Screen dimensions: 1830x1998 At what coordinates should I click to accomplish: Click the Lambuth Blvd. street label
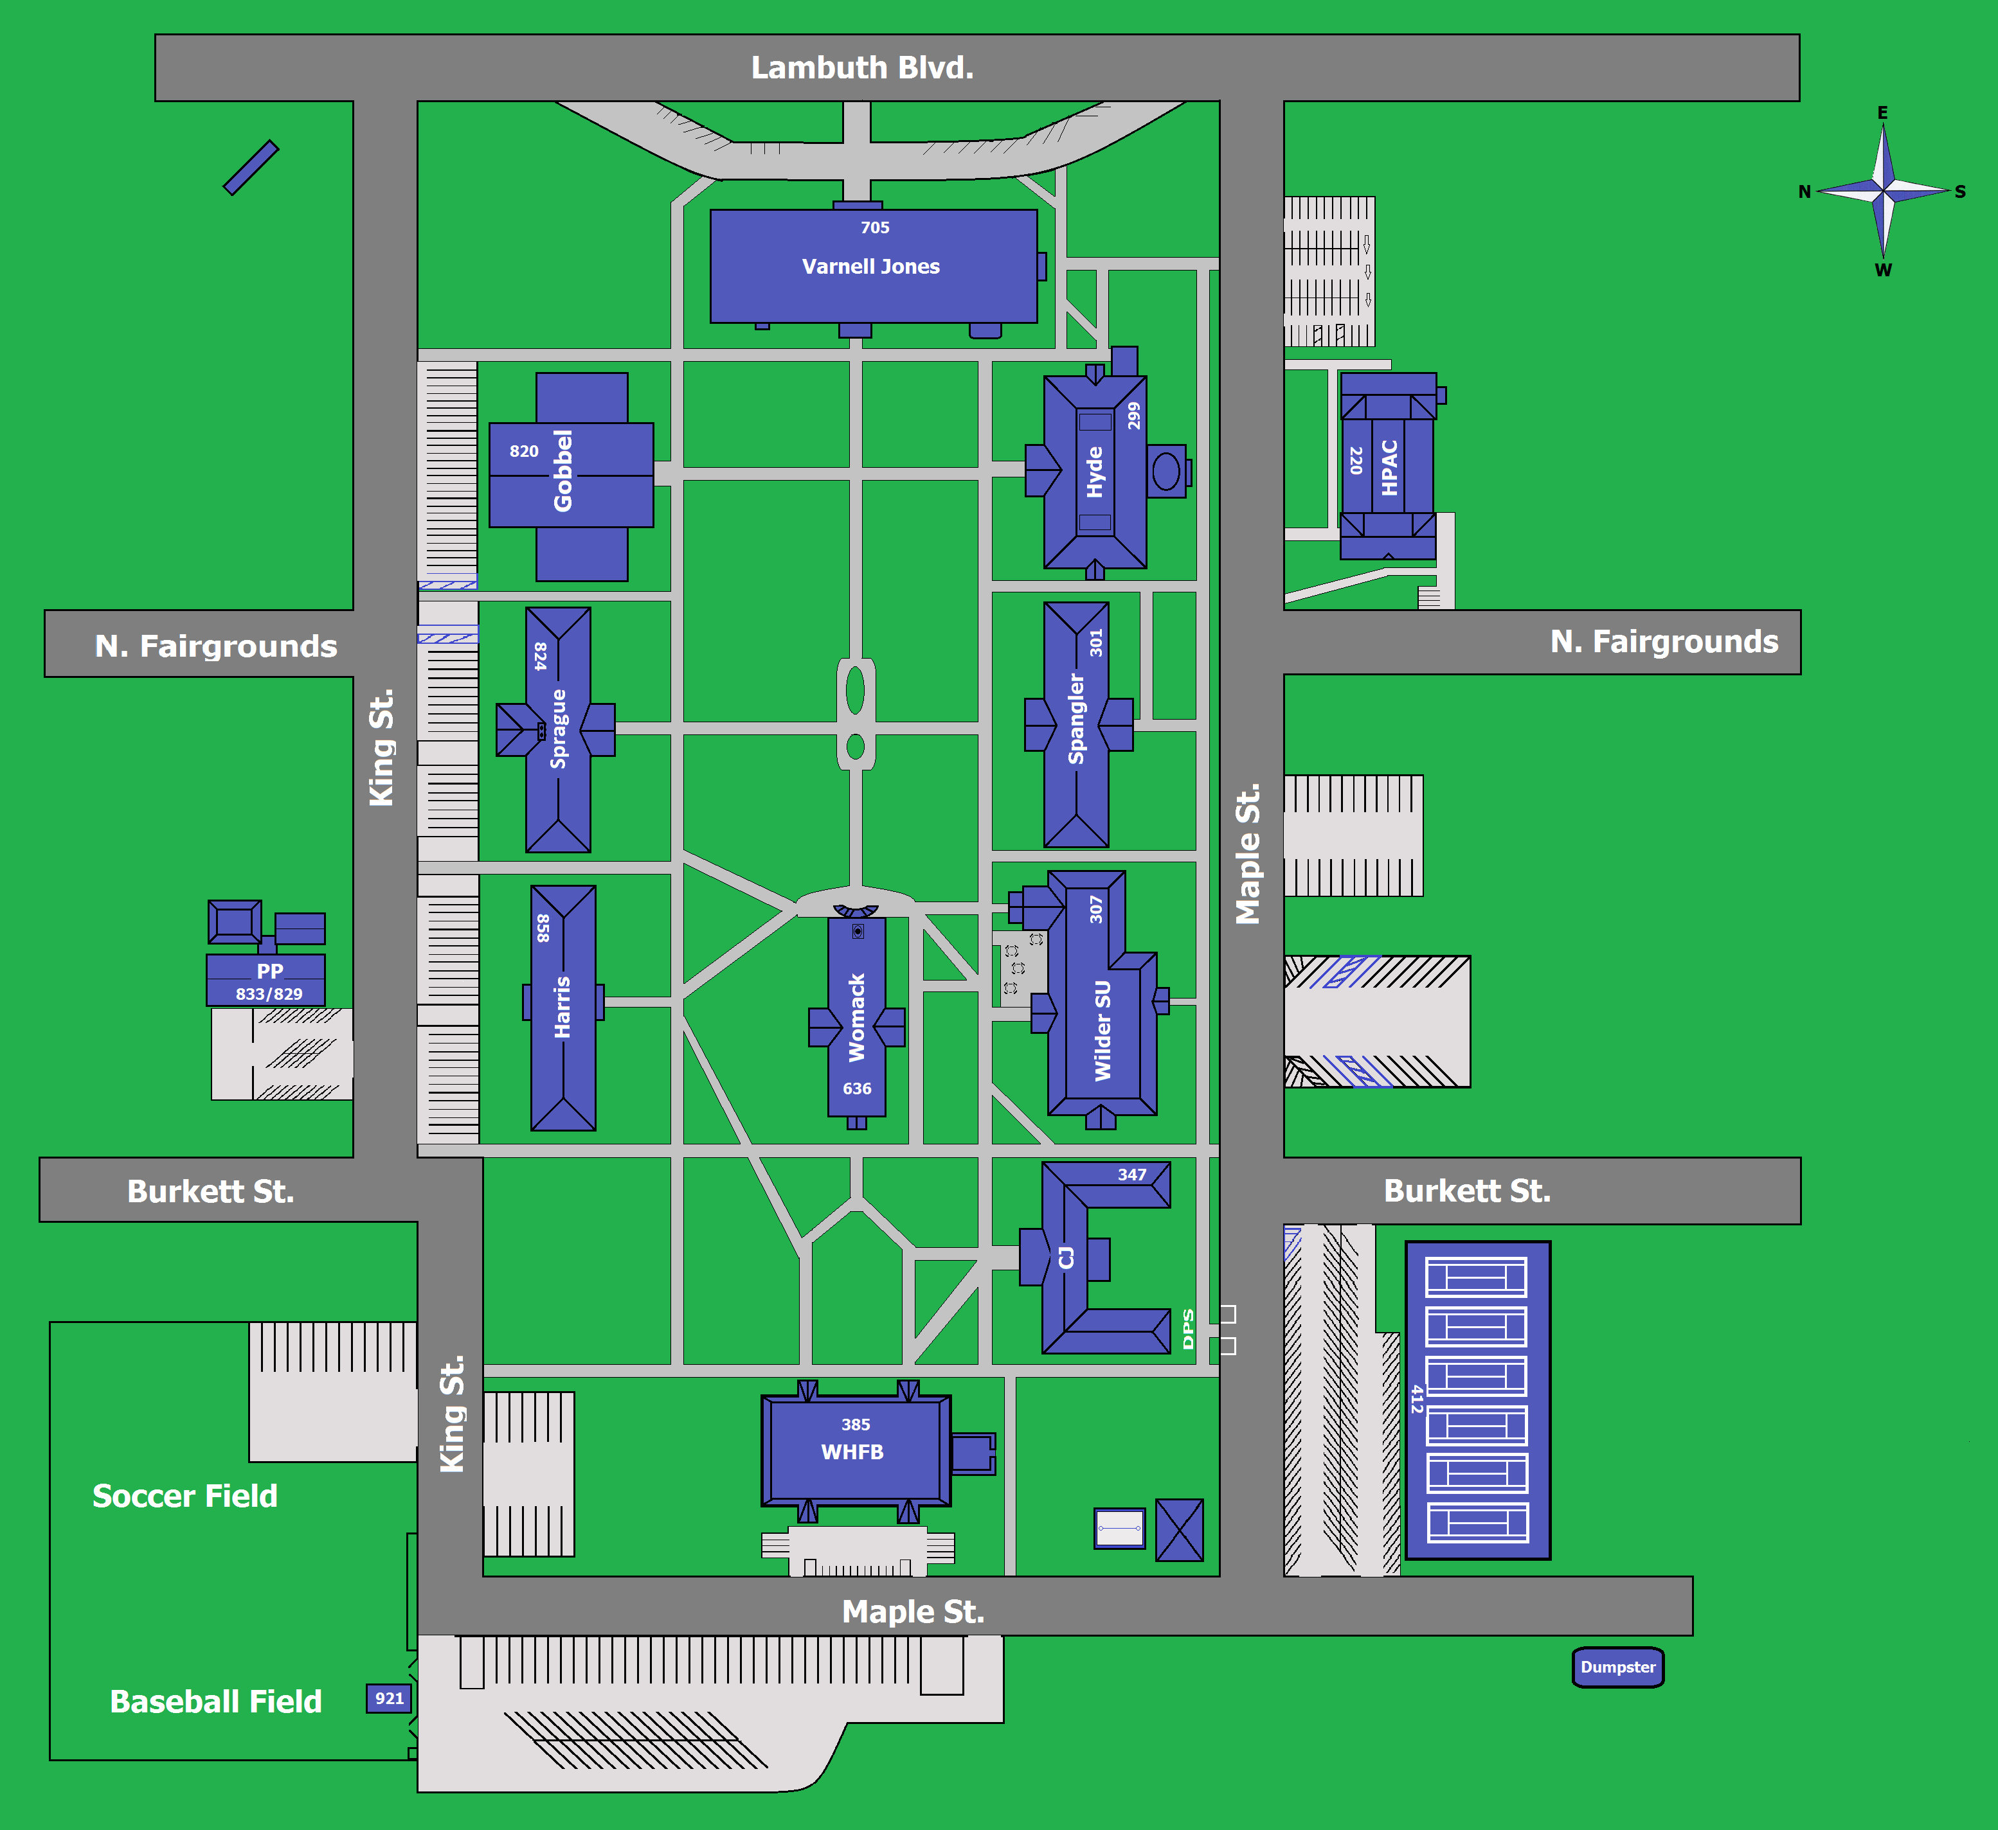pos(862,67)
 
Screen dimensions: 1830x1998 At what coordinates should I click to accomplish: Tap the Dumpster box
pos(1617,1667)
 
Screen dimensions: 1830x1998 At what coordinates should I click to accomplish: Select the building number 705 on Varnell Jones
pos(874,228)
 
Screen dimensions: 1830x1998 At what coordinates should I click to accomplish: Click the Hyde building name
pos(1094,472)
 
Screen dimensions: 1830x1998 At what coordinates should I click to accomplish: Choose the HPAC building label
pos(1389,468)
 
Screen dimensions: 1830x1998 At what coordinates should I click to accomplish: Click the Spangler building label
pos(1076,719)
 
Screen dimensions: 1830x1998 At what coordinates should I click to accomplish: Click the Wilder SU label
pos(1102,1031)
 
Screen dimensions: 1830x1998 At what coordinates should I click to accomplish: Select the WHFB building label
pos(852,1452)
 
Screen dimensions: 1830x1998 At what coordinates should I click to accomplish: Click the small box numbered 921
pos(388,1698)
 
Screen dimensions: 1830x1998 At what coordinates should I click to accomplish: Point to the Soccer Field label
pos(185,1496)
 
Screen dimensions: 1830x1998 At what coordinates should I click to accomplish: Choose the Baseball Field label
pos(216,1701)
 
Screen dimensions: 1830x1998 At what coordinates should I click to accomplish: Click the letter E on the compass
pos(1882,113)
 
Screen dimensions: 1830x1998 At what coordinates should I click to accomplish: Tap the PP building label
pos(269,971)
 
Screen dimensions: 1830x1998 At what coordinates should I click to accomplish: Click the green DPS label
pos(1188,1329)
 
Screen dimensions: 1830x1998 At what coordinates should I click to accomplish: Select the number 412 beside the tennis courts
pos(1417,1399)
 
